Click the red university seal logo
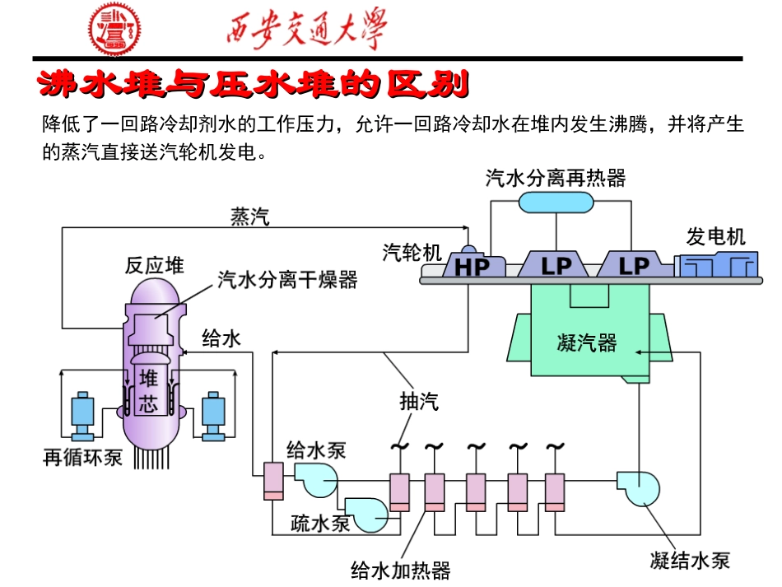tap(115, 30)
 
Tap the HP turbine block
tap(472, 265)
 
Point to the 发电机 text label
tap(716, 237)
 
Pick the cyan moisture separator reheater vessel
tap(556, 200)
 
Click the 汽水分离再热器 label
tap(556, 178)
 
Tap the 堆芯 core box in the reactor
tap(148, 391)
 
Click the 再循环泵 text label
tap(82, 457)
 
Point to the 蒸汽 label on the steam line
tap(249, 217)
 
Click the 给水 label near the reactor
tap(221, 338)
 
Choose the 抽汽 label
tap(419, 402)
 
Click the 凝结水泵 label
tap(689, 561)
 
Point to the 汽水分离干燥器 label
tap(287, 280)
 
